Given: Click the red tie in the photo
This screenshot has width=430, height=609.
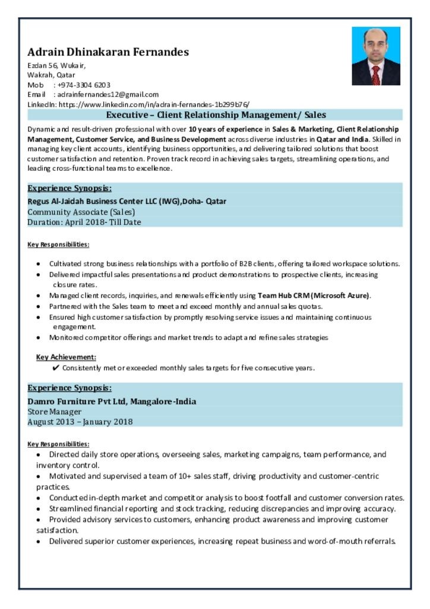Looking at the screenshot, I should click(x=375, y=75).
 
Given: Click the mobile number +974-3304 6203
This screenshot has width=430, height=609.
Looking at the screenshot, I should click(x=84, y=85).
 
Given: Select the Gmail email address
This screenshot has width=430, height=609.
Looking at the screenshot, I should click(x=108, y=94).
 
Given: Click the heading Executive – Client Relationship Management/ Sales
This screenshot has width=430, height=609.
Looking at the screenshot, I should click(x=216, y=115).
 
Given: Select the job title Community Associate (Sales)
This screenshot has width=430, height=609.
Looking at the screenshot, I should click(x=81, y=212).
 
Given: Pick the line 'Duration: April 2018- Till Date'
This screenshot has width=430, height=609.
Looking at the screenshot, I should click(x=84, y=222).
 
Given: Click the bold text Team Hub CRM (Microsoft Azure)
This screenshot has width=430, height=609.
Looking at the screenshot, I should click(x=314, y=295).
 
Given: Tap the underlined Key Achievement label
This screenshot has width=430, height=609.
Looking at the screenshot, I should click(x=66, y=357).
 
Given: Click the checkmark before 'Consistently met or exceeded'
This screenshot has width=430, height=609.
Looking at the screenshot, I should click(x=56, y=368).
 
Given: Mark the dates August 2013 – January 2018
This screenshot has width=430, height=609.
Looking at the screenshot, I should click(x=80, y=422).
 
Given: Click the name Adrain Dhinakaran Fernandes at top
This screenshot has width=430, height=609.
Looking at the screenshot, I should click(x=108, y=52).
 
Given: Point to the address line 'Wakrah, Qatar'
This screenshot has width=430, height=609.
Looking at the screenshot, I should click(x=51, y=75).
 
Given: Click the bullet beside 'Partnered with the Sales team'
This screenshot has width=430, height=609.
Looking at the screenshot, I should click(x=39, y=306).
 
